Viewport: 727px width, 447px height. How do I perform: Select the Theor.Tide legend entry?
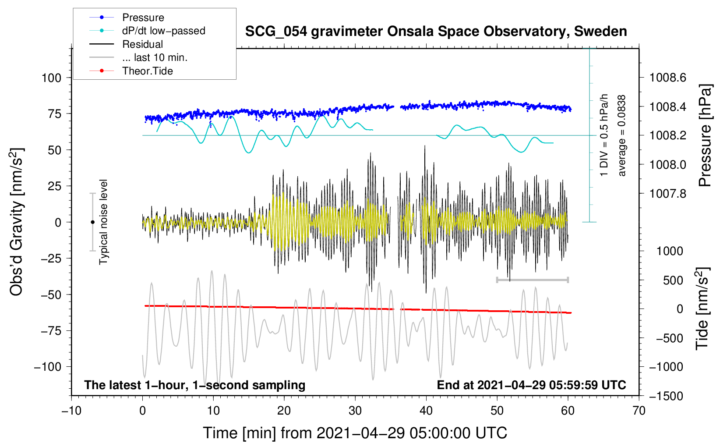tap(147, 71)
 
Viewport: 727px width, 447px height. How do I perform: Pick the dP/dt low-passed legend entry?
tap(163, 31)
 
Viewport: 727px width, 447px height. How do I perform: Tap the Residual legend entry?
tap(142, 44)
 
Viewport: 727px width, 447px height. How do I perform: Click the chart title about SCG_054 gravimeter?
tap(436, 32)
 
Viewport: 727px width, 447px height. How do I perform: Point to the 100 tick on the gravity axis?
tap(51, 78)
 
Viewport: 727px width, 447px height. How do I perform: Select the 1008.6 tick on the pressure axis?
tap(667, 78)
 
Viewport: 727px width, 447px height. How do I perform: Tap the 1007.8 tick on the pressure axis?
tap(667, 194)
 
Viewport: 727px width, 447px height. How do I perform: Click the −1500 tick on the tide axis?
tap(666, 396)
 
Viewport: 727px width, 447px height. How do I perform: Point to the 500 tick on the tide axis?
tap(673, 280)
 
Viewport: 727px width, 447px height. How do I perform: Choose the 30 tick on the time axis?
tap(355, 411)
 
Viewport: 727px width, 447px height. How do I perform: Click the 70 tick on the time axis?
tap(639, 411)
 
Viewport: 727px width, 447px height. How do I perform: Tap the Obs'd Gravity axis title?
tap(17, 222)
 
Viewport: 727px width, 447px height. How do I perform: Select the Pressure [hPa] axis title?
tap(705, 135)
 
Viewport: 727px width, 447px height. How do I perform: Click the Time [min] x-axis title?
tap(355, 433)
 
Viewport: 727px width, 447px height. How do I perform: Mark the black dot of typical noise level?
tap(92, 222)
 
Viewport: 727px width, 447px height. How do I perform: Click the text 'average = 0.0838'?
tap(622, 135)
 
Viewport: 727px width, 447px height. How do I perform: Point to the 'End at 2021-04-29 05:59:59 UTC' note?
tap(531, 385)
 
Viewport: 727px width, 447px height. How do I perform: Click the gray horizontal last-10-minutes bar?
tap(532, 280)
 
